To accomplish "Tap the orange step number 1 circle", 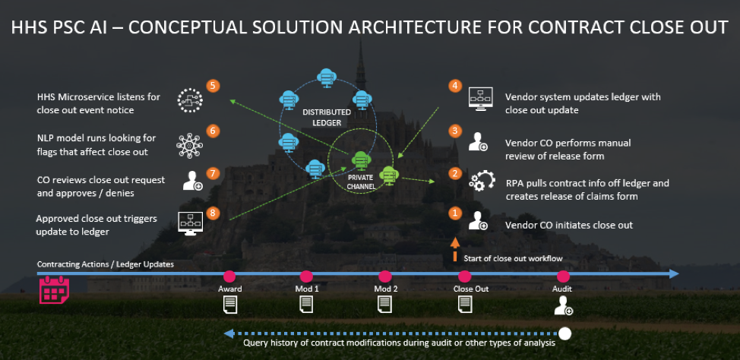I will click(454, 213).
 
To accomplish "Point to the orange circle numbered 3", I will click(454, 131).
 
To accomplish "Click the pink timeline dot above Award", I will click(229, 276).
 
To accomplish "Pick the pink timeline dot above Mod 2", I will click(385, 276).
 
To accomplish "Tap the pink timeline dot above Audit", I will click(563, 276).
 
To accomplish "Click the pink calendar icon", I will click(54, 289).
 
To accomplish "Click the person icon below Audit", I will click(563, 305).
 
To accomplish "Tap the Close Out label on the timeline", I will click(471, 289).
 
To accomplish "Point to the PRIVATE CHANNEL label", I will click(361, 181).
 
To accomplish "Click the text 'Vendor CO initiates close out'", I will click(568, 225).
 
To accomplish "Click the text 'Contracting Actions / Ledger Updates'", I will click(106, 264).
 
